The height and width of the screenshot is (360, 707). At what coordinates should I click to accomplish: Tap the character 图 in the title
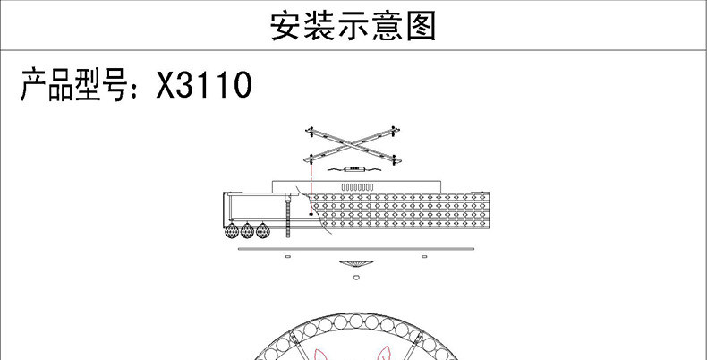[420, 27]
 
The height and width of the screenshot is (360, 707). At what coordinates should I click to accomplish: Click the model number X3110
[204, 87]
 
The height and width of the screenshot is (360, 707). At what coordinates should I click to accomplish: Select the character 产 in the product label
[37, 87]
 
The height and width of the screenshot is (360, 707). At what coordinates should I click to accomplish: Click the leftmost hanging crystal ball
[233, 231]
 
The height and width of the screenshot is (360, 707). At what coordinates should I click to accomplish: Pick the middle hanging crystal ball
[248, 231]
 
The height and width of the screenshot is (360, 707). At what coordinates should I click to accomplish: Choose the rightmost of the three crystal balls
[262, 231]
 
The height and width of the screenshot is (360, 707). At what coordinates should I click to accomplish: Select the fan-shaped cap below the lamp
[354, 264]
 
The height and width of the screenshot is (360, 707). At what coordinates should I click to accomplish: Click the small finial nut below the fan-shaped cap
[354, 278]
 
